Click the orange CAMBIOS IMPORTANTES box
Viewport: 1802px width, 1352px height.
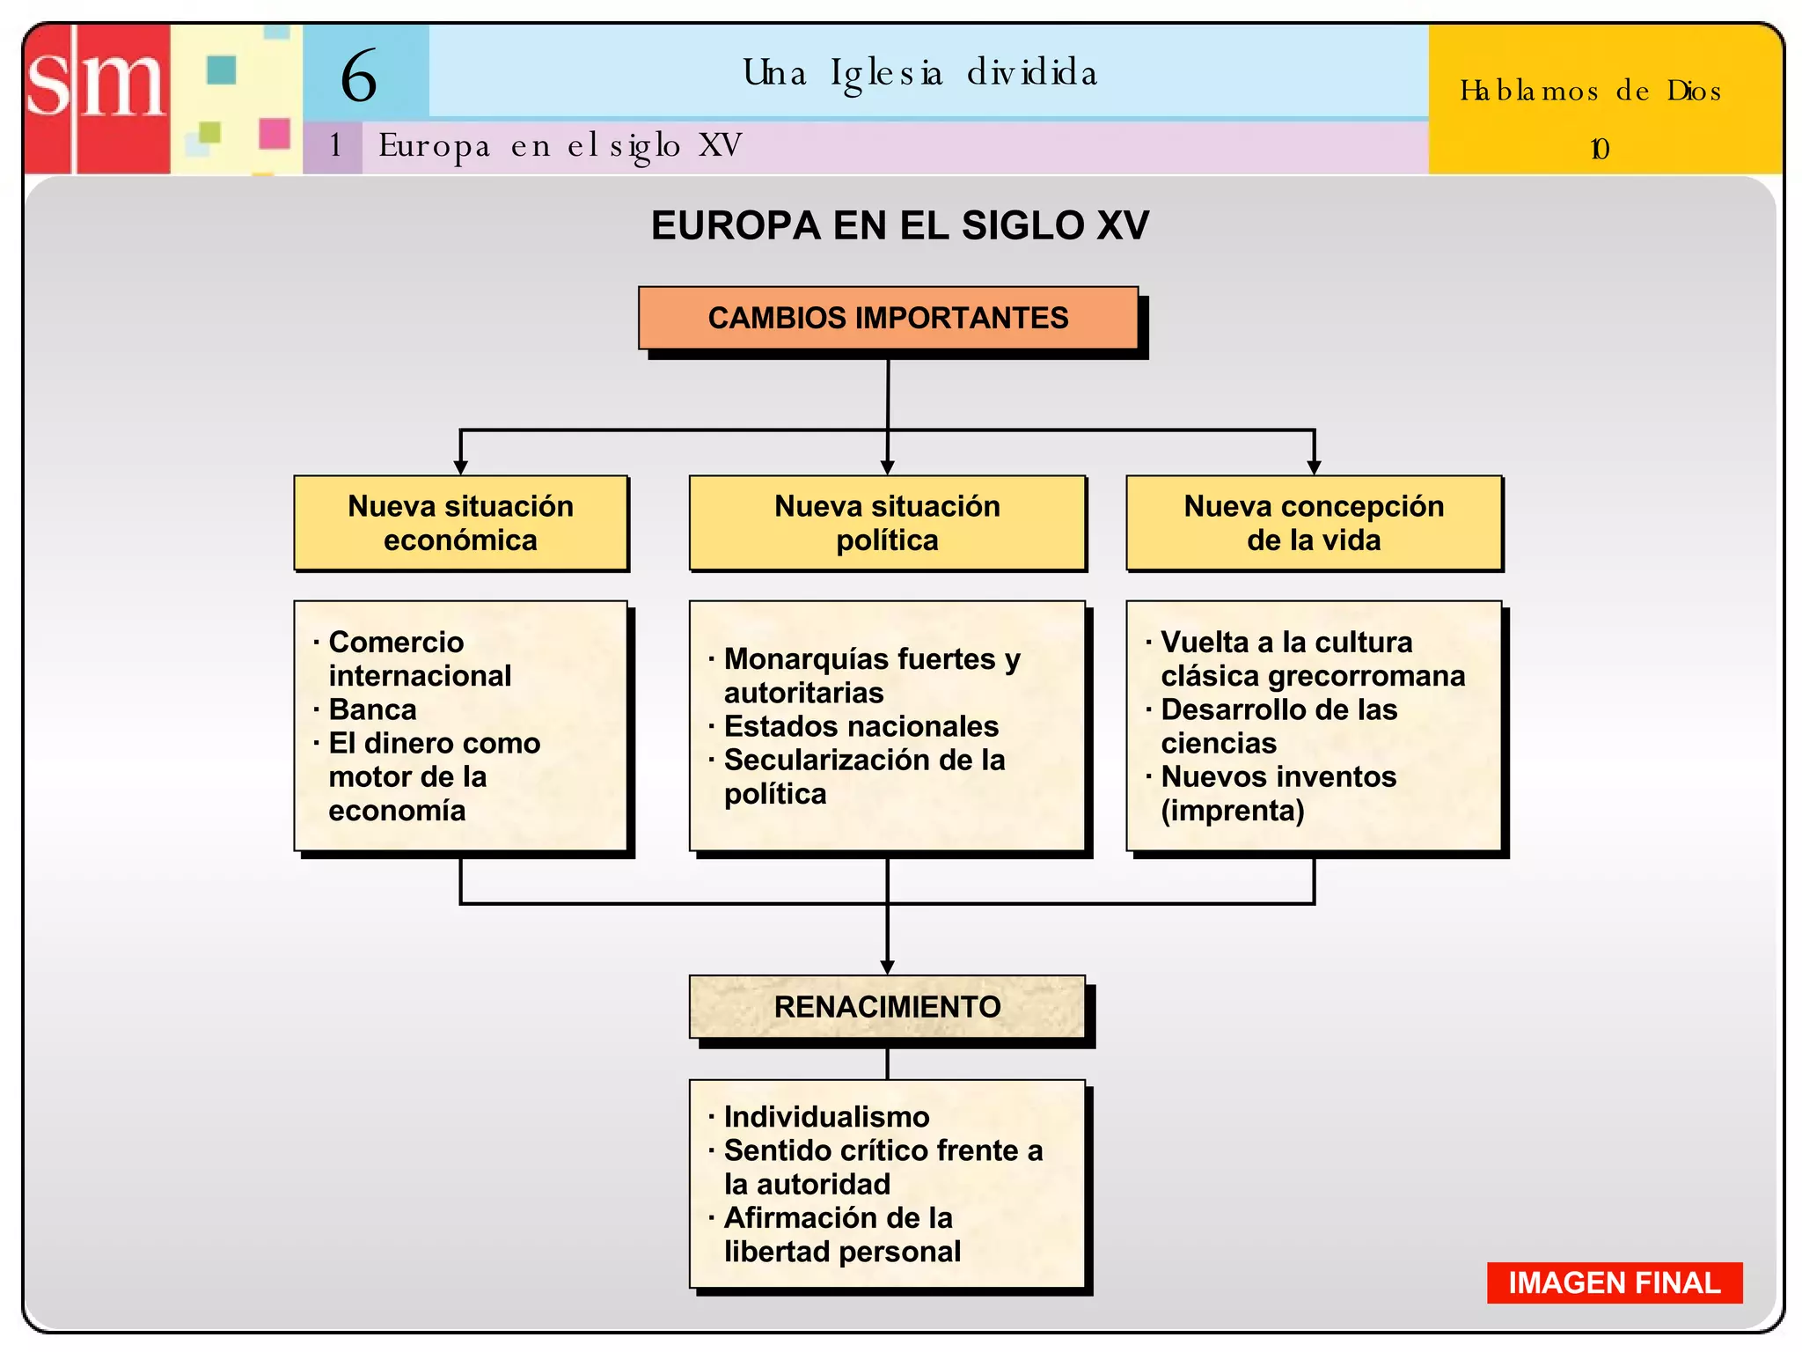point(888,318)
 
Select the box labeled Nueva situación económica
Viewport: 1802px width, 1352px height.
point(460,523)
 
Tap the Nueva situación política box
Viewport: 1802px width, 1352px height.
point(887,523)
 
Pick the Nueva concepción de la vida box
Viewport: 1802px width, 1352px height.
point(1314,523)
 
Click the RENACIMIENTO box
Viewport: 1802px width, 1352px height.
point(887,1006)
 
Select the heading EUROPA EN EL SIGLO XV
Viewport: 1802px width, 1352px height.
point(899,225)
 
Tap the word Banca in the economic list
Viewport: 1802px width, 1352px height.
point(372,709)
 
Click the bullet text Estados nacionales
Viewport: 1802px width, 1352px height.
point(861,726)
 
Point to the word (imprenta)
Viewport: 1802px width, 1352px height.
point(1232,811)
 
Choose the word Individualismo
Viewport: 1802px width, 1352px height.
point(826,1117)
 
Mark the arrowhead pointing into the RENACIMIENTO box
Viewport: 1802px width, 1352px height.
point(887,966)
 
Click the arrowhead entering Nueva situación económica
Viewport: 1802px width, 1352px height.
point(460,467)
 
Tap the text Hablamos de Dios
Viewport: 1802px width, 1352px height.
point(1590,92)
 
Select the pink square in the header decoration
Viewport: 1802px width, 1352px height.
point(275,134)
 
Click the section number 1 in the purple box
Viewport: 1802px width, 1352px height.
point(335,145)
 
